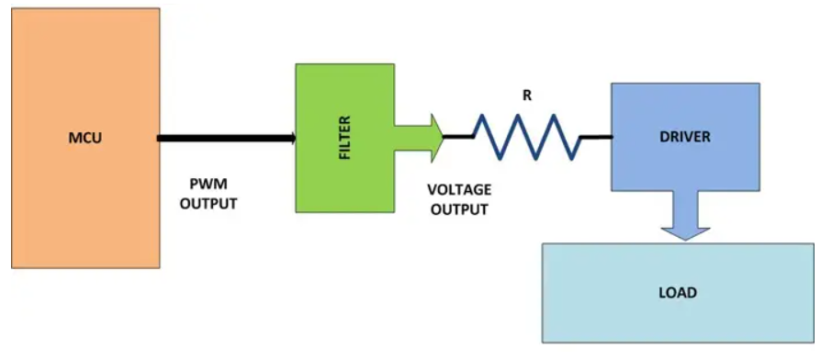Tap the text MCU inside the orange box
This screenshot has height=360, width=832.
(85, 139)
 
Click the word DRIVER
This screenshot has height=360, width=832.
(684, 137)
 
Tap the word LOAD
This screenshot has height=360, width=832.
(678, 293)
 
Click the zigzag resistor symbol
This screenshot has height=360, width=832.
(526, 138)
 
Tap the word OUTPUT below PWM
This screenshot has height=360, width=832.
(208, 204)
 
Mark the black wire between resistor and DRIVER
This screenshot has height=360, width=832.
(596, 139)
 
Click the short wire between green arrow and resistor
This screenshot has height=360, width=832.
(456, 137)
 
